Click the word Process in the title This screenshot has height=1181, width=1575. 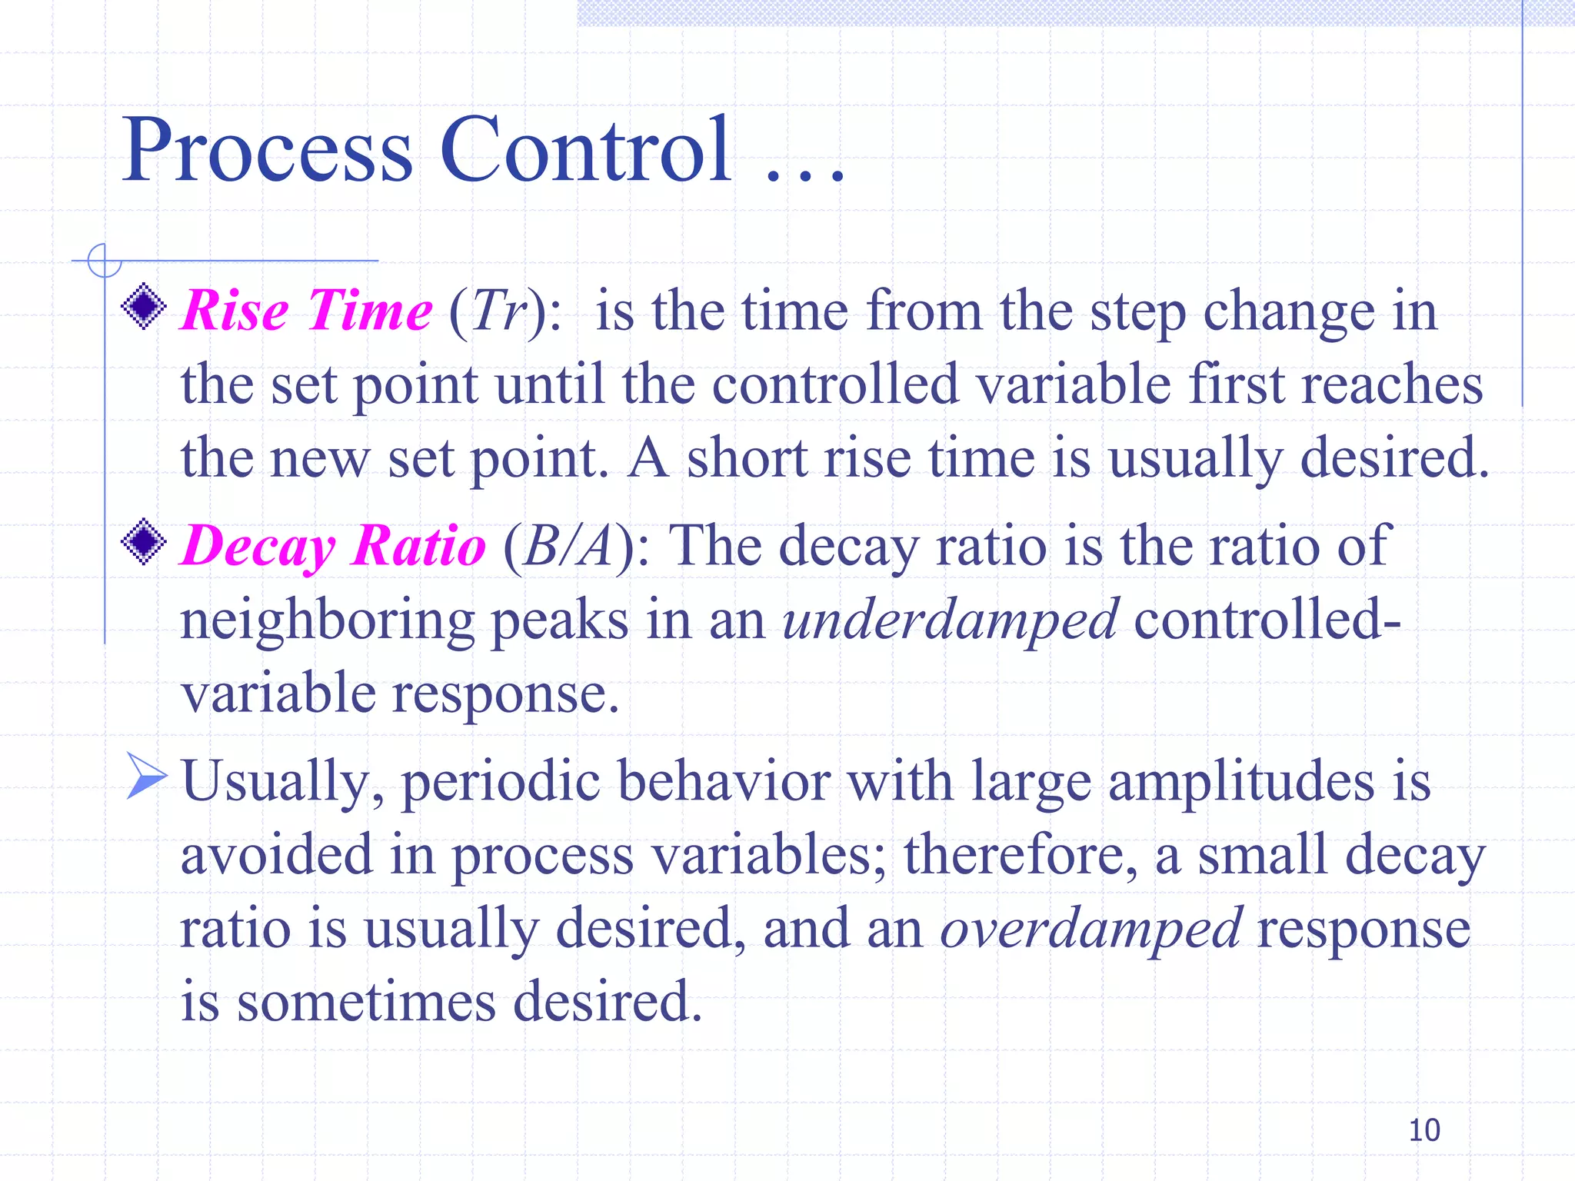267,150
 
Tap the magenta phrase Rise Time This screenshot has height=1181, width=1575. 306,311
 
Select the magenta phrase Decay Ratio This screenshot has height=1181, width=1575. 333,546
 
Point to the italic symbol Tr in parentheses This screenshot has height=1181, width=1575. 498,311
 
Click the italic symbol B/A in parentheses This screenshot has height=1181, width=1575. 568,546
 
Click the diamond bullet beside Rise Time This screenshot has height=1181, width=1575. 144,307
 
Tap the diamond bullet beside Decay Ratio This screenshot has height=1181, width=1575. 144,542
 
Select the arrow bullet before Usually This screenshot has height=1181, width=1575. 145,776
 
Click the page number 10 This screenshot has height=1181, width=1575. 1423,1130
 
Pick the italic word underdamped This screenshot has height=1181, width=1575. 950,620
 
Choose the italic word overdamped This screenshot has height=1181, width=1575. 1091,929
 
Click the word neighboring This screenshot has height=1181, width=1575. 327,620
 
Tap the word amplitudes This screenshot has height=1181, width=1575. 1240,781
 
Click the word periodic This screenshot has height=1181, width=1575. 500,781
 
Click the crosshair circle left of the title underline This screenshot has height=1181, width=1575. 105,261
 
